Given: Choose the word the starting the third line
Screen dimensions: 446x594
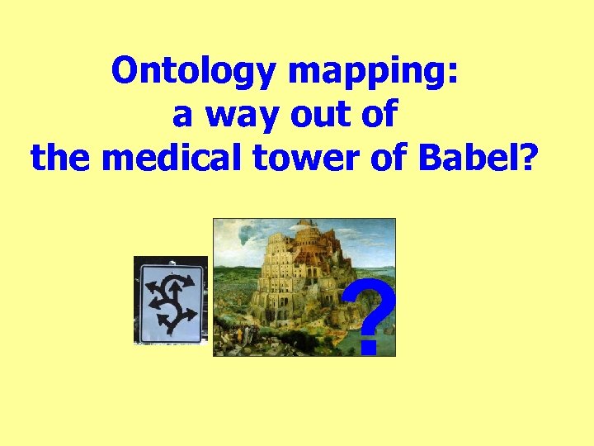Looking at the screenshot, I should tap(62, 156).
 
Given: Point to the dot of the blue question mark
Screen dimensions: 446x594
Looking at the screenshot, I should tap(368, 348).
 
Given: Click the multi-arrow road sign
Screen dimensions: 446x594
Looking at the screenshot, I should tap(170, 301).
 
